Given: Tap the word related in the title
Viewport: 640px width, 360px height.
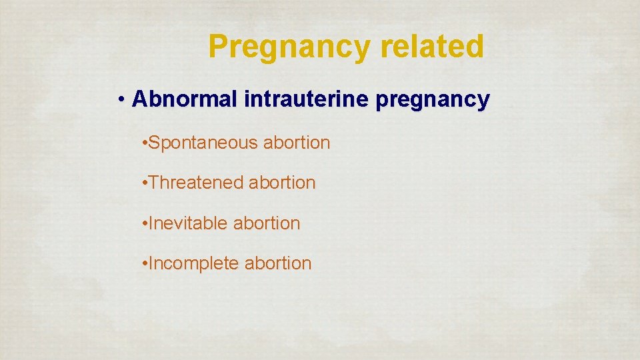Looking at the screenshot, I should coord(441,47).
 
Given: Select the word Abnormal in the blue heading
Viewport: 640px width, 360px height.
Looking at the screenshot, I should coord(185,99).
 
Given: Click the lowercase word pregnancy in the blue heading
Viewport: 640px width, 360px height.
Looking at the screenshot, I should coord(433,101).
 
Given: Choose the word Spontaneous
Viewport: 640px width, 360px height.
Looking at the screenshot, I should coord(203,143).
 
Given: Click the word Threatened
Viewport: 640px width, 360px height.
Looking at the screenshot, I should coord(196,183).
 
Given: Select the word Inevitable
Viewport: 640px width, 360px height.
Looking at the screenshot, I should coord(189,223).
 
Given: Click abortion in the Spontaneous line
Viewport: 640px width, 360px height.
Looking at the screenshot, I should coord(297,143).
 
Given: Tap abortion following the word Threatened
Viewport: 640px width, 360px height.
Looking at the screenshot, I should coord(282,183).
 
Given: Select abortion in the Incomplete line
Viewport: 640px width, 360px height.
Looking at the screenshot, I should coord(278,263).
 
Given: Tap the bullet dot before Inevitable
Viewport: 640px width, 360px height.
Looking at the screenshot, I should coord(145,223).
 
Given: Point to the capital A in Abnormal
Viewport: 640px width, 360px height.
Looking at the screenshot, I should coord(139,99).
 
